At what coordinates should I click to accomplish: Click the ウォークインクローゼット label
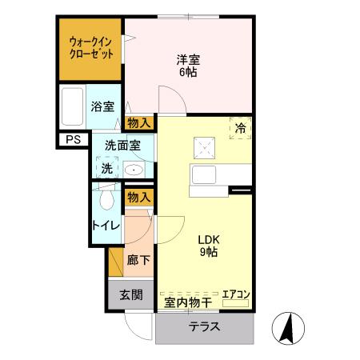(x=90, y=46)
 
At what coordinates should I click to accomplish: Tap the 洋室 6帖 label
(x=188, y=64)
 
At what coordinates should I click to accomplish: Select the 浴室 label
(x=102, y=106)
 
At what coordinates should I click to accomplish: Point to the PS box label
(x=73, y=140)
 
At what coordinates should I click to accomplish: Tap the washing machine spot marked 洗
(x=107, y=168)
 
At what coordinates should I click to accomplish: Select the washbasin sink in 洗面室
(x=133, y=170)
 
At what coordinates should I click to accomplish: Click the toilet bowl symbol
(x=106, y=198)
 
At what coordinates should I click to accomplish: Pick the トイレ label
(x=106, y=225)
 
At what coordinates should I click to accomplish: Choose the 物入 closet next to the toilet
(x=139, y=197)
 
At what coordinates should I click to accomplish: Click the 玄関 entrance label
(x=131, y=294)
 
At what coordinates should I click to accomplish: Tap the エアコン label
(x=236, y=294)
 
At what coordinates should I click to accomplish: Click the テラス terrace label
(x=205, y=328)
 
